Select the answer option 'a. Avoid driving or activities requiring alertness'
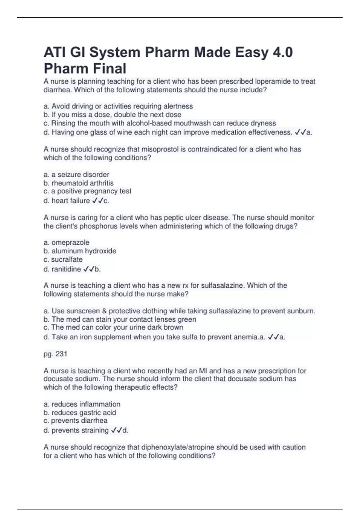[x=118, y=106]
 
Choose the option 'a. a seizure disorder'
[x=76, y=175]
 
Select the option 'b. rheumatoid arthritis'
[x=79, y=183]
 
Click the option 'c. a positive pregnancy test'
[x=87, y=191]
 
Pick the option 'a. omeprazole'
[x=66, y=242]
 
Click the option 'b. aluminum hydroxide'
[x=80, y=251]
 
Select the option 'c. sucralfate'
[x=63, y=259]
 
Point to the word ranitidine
[x=66, y=269]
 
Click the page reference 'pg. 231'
[x=55, y=354]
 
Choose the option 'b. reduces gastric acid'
[x=80, y=412]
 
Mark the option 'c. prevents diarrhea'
[x=75, y=421]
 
